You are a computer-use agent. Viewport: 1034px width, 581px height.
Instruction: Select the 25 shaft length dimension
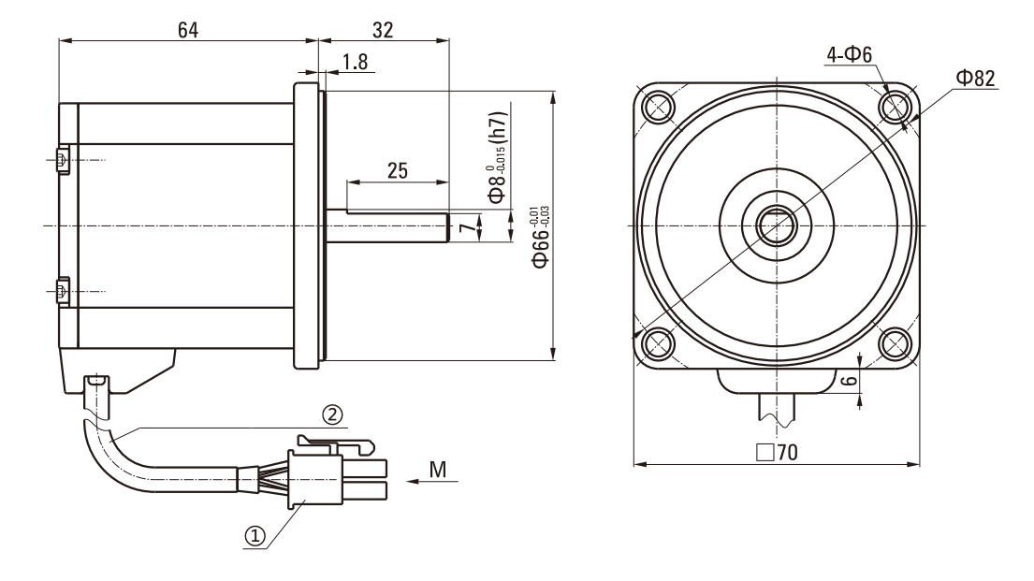tap(397, 170)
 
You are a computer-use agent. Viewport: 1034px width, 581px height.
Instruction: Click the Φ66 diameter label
tap(540, 240)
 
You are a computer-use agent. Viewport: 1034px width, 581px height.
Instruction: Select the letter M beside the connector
tap(437, 469)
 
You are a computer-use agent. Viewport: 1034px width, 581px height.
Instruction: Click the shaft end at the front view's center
tap(776, 225)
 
